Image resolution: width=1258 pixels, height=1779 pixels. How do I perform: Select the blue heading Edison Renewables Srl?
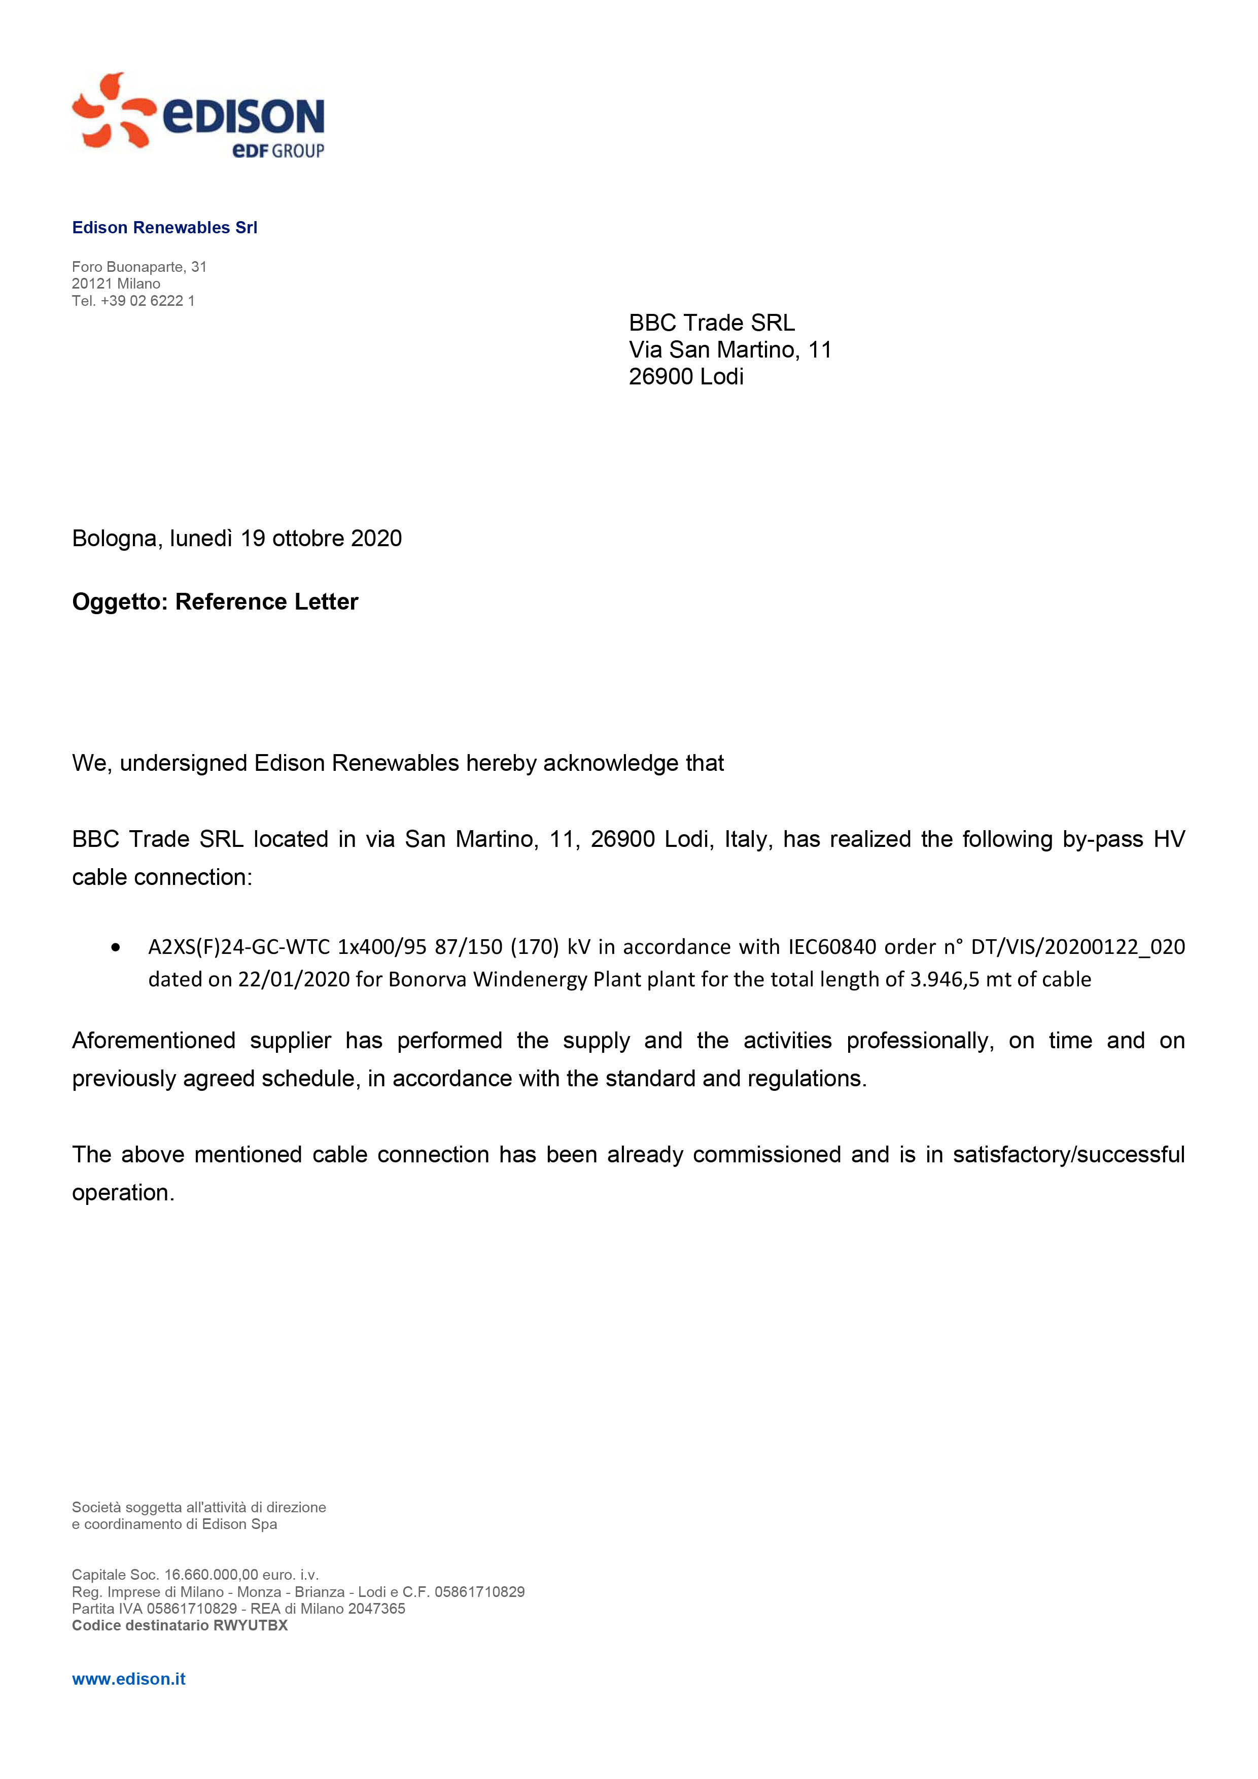[x=164, y=227]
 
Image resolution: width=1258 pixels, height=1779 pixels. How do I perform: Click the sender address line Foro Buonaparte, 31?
[x=139, y=267]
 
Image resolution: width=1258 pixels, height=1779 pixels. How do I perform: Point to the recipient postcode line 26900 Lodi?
[x=686, y=377]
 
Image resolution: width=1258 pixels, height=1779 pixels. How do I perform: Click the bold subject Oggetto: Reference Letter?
[x=215, y=602]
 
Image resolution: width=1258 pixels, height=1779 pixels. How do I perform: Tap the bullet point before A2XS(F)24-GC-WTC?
[x=116, y=947]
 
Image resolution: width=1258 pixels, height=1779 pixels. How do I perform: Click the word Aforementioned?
[x=154, y=1041]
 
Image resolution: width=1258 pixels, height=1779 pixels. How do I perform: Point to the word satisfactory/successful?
[x=1068, y=1155]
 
